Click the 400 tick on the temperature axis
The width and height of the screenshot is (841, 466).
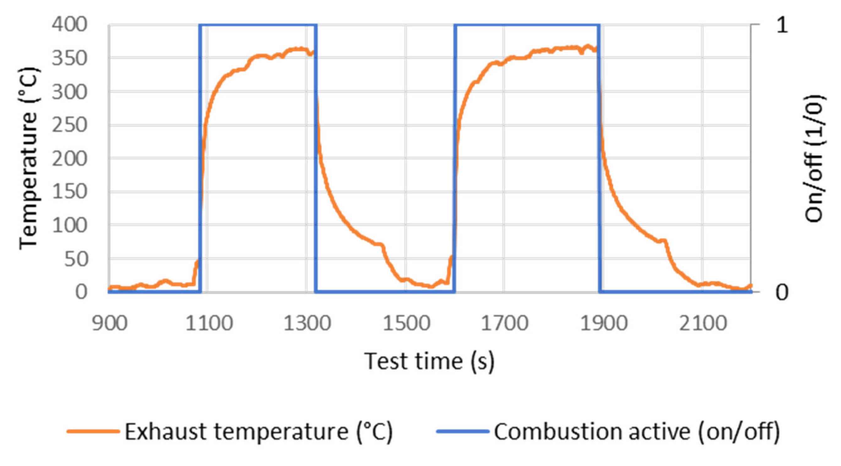(x=69, y=25)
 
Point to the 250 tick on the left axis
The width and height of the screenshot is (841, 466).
(x=69, y=125)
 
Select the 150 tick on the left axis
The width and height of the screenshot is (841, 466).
(x=69, y=192)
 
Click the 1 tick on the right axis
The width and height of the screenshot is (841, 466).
(x=782, y=25)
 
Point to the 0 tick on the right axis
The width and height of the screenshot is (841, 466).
(x=782, y=292)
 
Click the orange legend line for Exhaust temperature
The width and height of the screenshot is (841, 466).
(x=93, y=431)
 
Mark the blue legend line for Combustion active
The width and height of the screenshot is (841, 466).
(x=463, y=431)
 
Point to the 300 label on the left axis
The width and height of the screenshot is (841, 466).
(x=69, y=92)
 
